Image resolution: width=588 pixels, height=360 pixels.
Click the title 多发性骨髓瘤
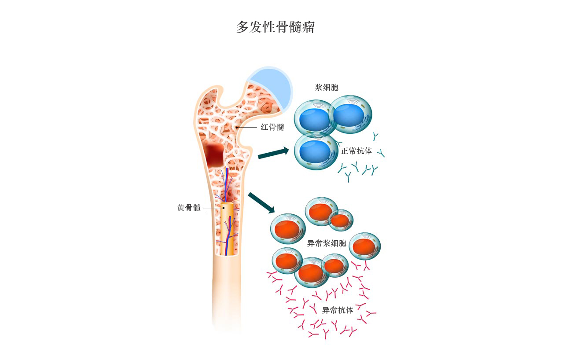click(276, 27)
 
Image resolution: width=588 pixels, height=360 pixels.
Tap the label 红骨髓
click(272, 127)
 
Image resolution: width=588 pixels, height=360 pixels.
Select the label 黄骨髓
click(189, 208)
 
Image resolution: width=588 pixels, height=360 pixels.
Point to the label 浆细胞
click(327, 88)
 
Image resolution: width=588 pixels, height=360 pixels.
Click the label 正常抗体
click(356, 151)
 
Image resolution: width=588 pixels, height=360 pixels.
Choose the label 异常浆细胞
click(327, 243)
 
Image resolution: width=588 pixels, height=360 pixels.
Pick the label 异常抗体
click(338, 310)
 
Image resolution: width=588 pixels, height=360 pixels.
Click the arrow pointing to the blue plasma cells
click(273, 153)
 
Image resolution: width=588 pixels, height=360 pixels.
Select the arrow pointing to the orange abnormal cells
click(261, 202)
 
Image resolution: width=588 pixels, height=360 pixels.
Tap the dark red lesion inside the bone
click(214, 155)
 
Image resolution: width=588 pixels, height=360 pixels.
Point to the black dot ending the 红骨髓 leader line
click(236, 127)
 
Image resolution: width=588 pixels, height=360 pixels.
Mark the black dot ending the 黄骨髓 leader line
click(224, 208)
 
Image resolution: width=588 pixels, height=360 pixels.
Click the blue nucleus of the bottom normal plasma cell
click(315, 151)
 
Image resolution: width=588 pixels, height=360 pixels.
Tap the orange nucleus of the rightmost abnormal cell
click(364, 247)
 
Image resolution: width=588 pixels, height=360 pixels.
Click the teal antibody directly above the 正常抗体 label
click(375, 136)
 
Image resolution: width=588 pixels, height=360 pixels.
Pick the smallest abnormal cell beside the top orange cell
click(341, 220)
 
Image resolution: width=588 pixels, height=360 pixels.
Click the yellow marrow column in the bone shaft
click(227, 229)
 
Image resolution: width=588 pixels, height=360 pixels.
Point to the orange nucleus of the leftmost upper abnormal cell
click(287, 229)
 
